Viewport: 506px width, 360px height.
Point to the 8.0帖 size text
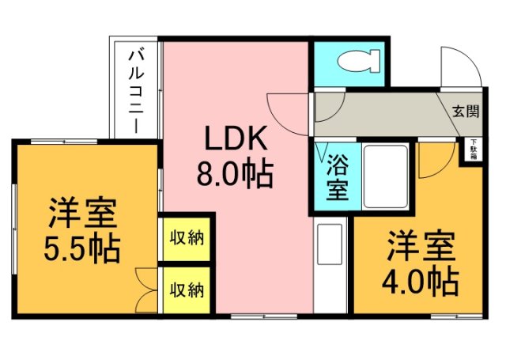coord(236,172)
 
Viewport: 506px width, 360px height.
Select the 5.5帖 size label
coord(82,248)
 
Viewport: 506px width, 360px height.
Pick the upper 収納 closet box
coord(187,238)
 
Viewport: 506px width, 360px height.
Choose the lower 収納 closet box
coord(187,290)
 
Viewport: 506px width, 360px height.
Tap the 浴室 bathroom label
coord(338,179)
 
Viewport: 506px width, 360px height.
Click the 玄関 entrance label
coord(466,111)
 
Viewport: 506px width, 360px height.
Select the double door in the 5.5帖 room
coord(145,290)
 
